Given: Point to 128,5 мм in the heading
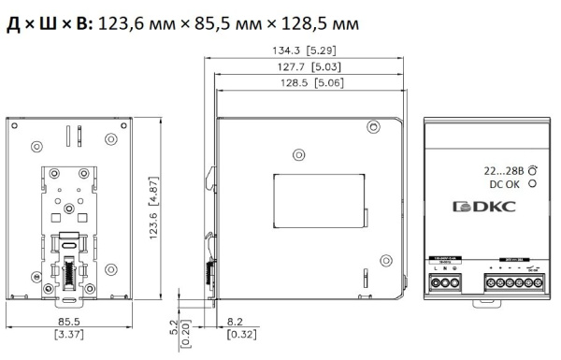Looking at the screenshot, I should click(x=339, y=20).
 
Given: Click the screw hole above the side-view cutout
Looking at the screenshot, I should click(x=298, y=152).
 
